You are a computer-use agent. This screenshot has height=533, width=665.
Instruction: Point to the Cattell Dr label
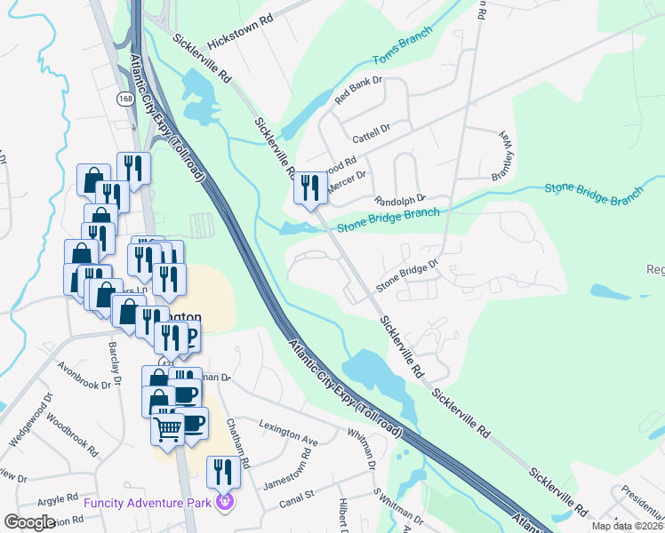tap(372, 133)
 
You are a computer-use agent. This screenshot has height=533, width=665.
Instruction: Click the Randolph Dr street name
tap(401, 200)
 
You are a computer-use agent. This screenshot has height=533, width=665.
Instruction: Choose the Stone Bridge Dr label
tap(407, 275)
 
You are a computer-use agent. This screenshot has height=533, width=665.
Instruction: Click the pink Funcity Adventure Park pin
tap(223, 503)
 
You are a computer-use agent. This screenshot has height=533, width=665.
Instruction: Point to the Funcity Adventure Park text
tap(148, 504)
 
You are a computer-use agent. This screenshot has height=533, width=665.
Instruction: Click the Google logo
tap(29, 522)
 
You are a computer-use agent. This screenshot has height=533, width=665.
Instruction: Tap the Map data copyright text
tap(627, 526)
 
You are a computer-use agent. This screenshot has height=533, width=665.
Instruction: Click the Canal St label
tap(298, 494)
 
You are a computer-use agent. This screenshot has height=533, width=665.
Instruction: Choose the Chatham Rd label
tap(238, 443)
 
